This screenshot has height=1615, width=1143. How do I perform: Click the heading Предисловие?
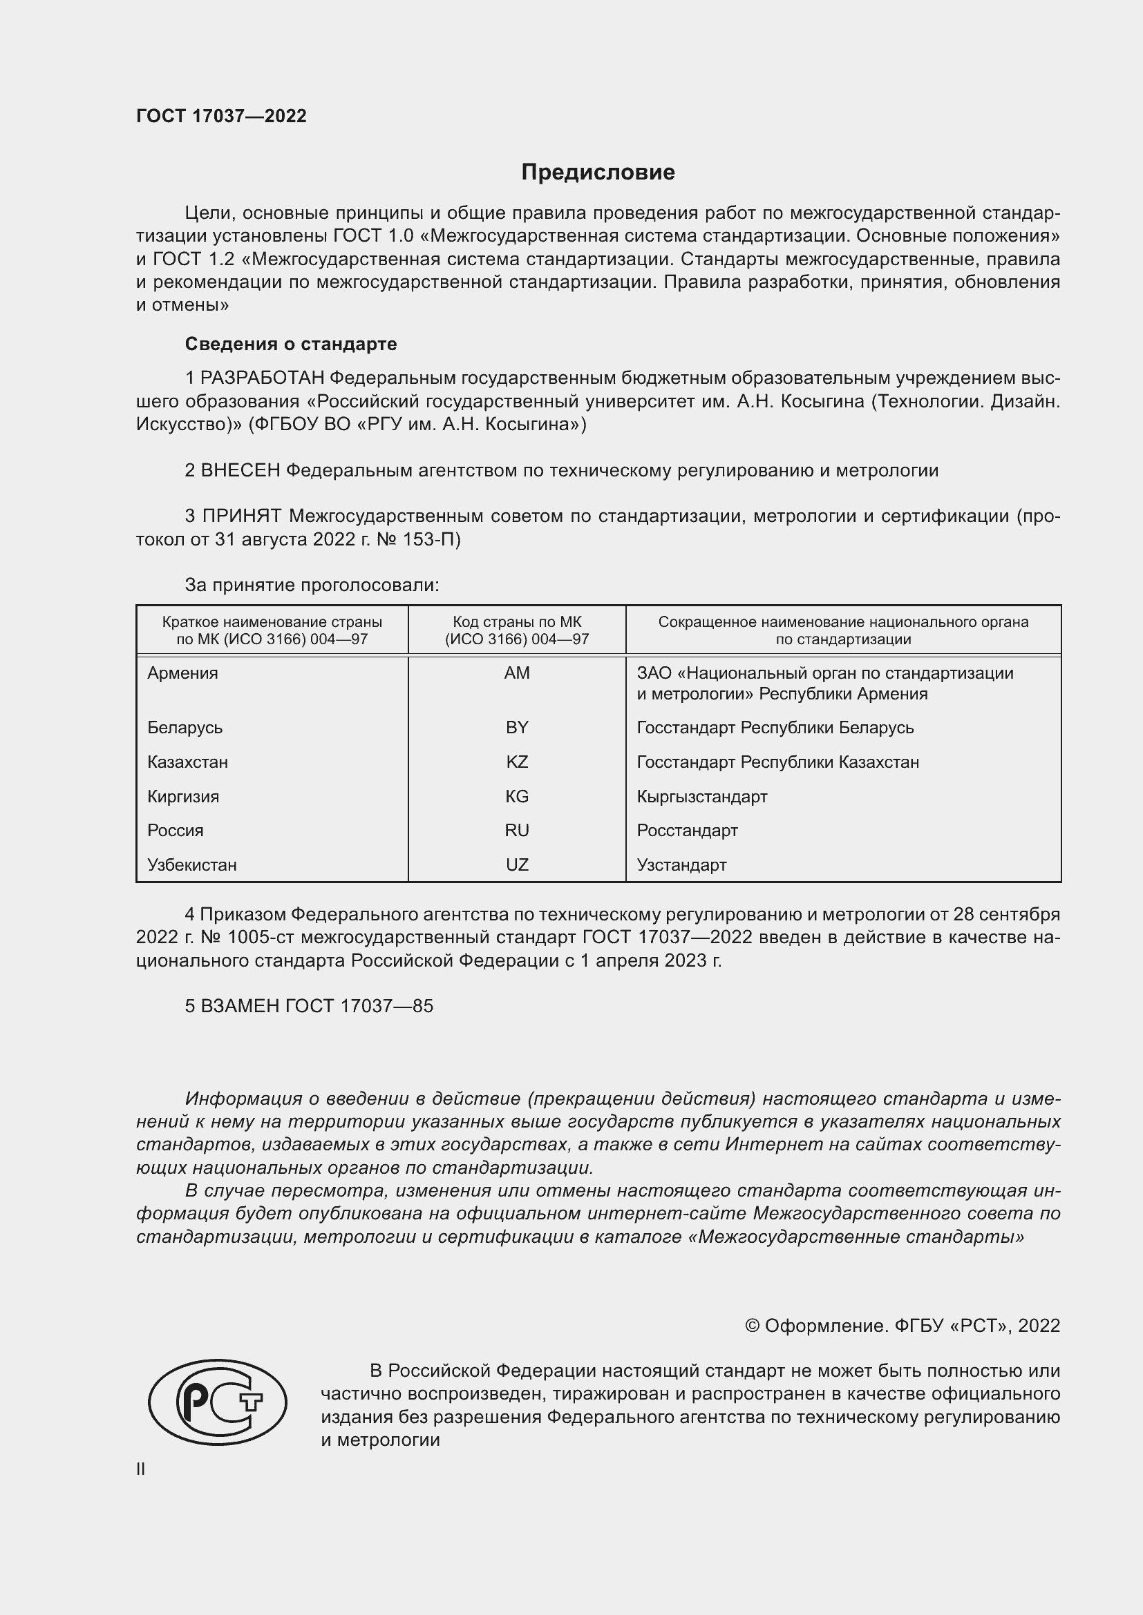click(x=598, y=173)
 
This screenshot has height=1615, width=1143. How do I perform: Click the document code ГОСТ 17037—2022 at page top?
click(x=221, y=116)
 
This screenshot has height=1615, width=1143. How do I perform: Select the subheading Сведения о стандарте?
click(x=291, y=344)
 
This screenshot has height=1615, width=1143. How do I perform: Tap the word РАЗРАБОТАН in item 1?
click(x=262, y=378)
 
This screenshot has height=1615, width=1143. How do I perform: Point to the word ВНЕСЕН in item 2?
click(x=240, y=471)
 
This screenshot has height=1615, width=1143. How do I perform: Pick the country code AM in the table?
click(x=517, y=673)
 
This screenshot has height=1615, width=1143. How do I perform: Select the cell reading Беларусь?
click(x=185, y=727)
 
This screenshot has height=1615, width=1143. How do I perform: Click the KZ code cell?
click(x=517, y=762)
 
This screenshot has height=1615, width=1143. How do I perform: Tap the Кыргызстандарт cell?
click(x=701, y=796)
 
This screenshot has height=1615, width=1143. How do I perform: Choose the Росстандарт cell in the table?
click(x=687, y=830)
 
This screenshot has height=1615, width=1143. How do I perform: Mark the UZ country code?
click(x=517, y=864)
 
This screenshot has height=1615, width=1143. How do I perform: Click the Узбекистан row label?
click(x=192, y=864)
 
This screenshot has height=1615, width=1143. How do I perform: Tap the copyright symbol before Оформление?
click(x=752, y=1326)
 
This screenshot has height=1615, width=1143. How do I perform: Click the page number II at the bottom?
click(x=141, y=1469)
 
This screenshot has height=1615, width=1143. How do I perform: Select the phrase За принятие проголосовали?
click(x=312, y=586)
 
